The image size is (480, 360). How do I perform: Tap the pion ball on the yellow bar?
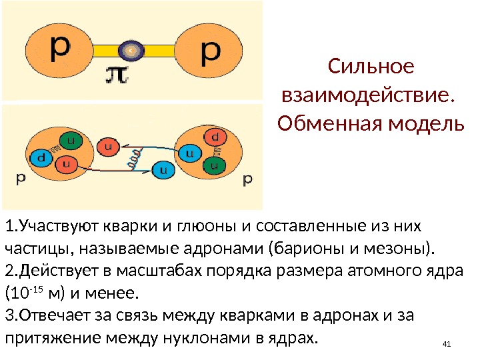(x=131, y=49)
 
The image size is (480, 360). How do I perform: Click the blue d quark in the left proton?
(x=41, y=158)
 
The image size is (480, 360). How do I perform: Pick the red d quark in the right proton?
(x=214, y=137)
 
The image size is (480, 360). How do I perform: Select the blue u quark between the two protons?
(x=162, y=169)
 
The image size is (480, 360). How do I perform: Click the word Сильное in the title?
(x=371, y=67)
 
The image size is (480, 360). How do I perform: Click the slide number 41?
(x=447, y=344)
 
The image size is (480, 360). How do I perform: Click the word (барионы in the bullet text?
(x=301, y=249)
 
